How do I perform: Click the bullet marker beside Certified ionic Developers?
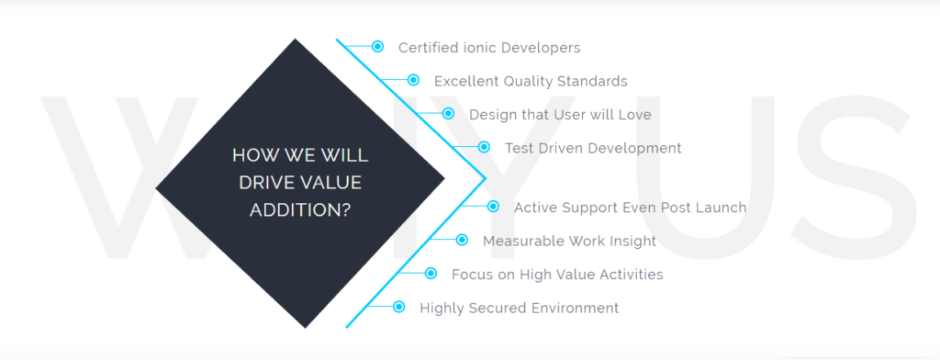(377, 46)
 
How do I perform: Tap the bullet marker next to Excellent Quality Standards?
(413, 80)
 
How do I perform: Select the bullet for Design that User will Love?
(448, 113)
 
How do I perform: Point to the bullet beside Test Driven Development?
(484, 147)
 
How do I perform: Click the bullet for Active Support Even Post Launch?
(493, 207)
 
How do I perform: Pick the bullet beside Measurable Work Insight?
(462, 240)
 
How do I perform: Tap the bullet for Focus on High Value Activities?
(431, 274)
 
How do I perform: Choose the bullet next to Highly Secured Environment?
(398, 308)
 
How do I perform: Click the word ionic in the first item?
(471, 48)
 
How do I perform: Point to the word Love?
(636, 115)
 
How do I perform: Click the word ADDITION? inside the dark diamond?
(300, 210)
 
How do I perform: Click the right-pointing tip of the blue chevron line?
(485, 177)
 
